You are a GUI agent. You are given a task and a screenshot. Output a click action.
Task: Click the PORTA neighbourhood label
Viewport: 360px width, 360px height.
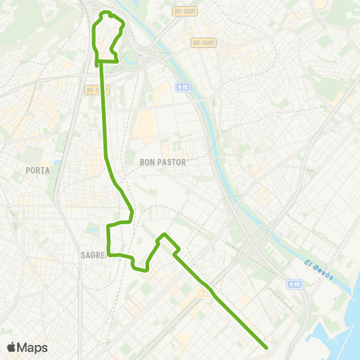click(37, 170)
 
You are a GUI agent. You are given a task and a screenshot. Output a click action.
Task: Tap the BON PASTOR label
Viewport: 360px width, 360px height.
click(162, 161)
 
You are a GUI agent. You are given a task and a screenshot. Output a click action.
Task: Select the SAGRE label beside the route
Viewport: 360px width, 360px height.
click(93, 255)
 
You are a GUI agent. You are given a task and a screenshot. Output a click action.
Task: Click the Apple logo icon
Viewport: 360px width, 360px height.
click(11, 347)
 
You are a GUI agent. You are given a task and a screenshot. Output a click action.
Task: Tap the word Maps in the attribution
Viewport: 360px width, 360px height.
click(33, 347)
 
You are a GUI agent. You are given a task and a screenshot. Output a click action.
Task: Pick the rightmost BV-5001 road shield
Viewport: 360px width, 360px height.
click(202, 43)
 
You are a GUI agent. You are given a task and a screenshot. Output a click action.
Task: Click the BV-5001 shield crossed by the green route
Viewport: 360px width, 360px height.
click(97, 90)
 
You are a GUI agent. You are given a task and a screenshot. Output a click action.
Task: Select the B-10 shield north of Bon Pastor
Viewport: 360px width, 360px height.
click(182, 88)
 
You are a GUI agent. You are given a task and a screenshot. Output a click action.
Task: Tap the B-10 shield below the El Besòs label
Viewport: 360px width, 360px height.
click(294, 284)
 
